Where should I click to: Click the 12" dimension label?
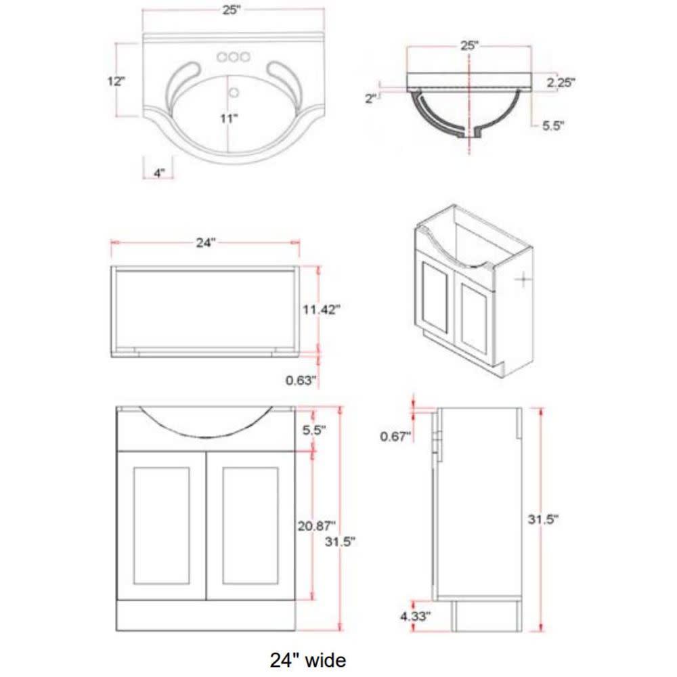tap(116, 81)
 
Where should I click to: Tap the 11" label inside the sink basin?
tap(229, 118)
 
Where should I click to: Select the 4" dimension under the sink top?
tap(159, 173)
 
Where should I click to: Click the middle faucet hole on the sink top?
tap(234, 57)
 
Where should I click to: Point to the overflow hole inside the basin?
tap(234, 92)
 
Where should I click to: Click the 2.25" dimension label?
tap(561, 82)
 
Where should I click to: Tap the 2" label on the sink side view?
tap(371, 98)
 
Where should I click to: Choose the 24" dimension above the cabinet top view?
tap(206, 242)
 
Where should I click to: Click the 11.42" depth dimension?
tap(321, 309)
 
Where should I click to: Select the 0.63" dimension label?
tap(301, 380)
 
